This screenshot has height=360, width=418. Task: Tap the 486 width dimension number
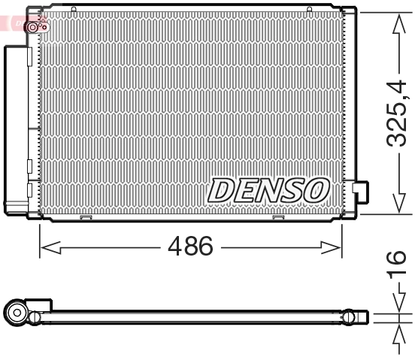click(191, 246)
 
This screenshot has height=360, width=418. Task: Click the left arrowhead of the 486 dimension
click(44, 246)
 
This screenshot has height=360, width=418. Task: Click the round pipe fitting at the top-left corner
click(35, 26)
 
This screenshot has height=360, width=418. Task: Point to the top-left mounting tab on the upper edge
click(74, 9)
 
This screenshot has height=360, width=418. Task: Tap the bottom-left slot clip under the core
click(86, 219)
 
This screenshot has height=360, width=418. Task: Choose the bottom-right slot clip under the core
click(278, 219)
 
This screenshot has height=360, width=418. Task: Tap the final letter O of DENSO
click(317, 189)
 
